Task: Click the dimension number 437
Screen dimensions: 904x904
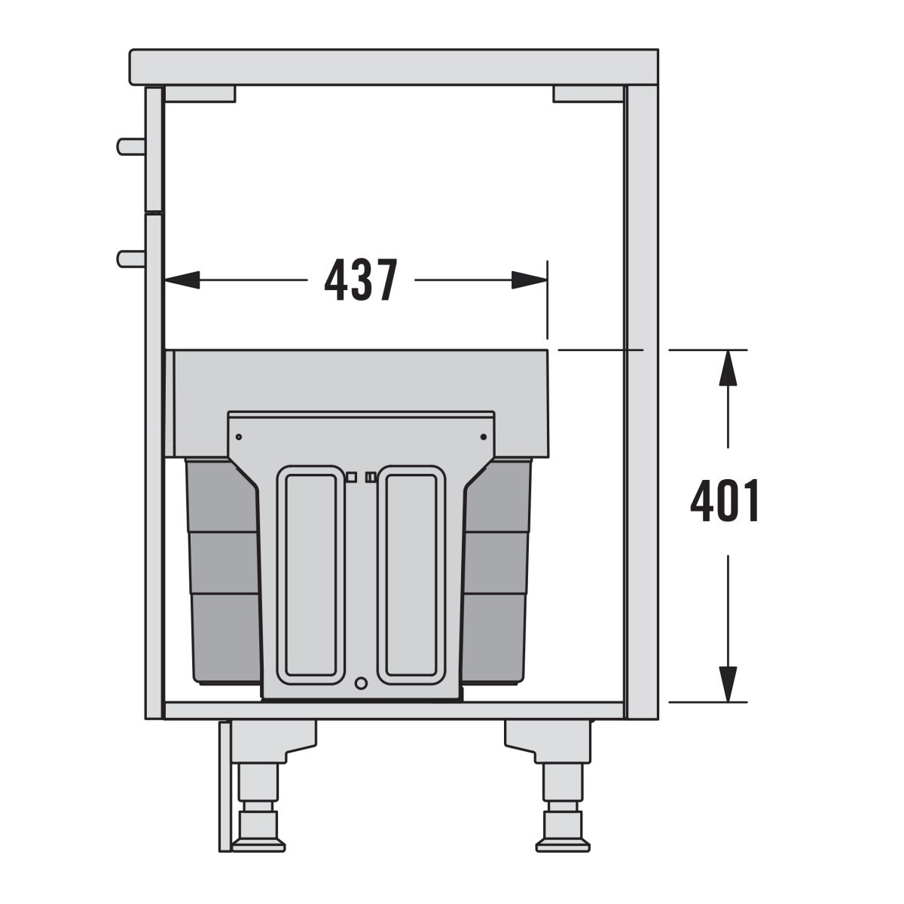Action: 361,279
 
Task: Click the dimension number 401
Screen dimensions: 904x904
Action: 725,500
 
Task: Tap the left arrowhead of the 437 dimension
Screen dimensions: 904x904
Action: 182,279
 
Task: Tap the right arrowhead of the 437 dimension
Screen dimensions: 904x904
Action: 529,279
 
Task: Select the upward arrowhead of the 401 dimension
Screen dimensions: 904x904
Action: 728,368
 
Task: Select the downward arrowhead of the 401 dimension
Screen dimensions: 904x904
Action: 728,685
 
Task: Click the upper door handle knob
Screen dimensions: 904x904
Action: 131,146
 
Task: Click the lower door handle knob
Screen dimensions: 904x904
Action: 131,259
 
